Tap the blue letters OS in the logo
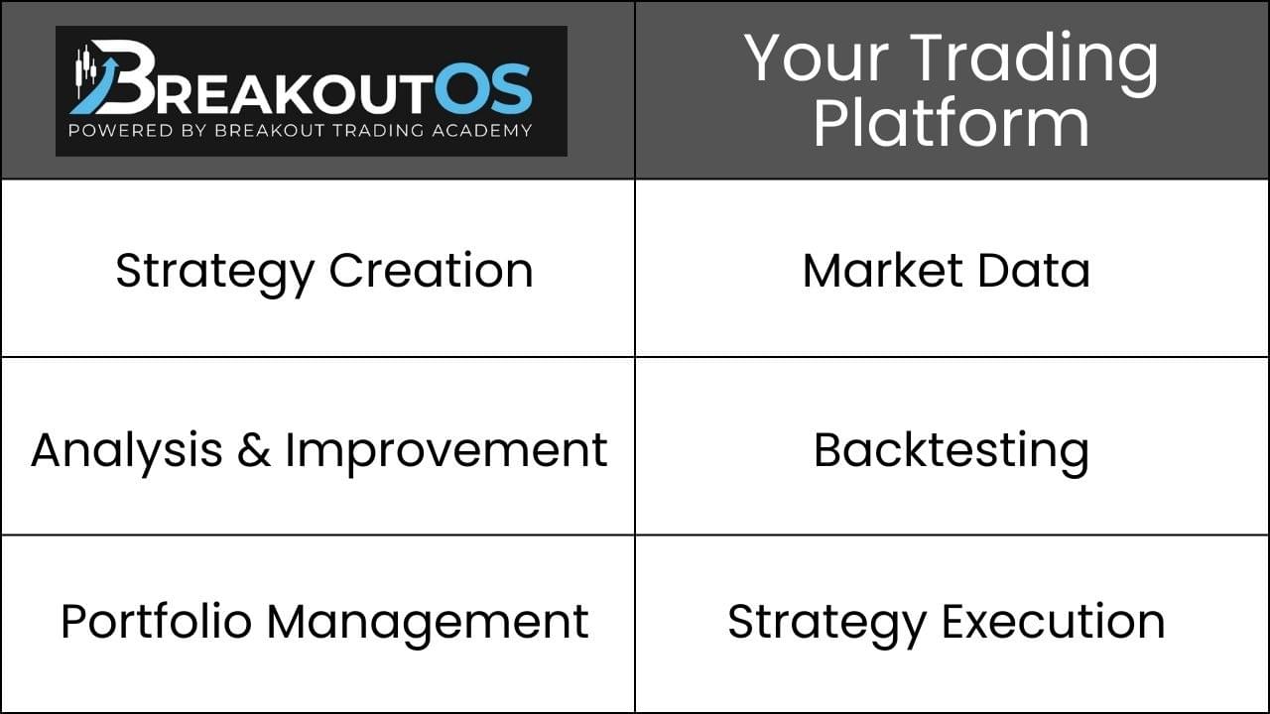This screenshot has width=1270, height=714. click(483, 89)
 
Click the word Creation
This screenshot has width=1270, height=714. click(431, 271)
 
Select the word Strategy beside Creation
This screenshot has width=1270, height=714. click(215, 274)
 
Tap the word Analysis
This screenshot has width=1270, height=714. click(126, 453)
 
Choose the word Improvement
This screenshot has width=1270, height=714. click(446, 453)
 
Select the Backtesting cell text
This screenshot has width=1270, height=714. click(952, 453)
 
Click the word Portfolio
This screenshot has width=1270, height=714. click(157, 622)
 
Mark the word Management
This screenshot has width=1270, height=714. click(428, 625)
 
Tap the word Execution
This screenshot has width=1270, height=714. click(1054, 622)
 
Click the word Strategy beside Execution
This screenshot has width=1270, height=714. click(827, 625)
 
